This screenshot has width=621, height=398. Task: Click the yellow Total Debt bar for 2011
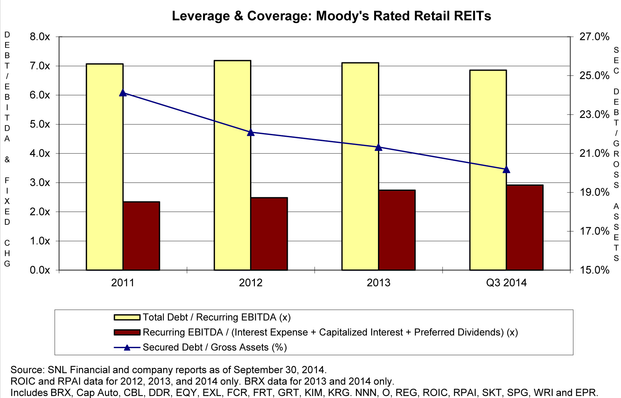tap(105, 167)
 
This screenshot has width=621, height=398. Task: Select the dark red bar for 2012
tap(269, 234)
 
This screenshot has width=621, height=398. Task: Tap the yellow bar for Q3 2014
tap(488, 170)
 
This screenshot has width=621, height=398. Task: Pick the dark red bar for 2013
tap(397, 230)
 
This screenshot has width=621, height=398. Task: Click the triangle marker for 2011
tap(123, 93)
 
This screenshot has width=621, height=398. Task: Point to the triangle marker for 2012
tap(251, 132)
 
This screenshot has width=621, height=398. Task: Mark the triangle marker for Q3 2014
tap(506, 170)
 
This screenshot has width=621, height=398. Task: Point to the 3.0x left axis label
tap(40, 183)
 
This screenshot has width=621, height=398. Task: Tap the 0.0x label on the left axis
tap(40, 270)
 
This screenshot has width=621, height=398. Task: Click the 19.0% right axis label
tap(594, 192)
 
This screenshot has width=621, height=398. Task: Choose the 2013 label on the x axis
tap(379, 283)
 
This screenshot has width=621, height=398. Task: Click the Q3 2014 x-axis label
tap(506, 283)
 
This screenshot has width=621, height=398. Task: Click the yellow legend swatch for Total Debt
tap(127, 317)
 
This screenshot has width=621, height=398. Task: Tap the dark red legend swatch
tap(127, 332)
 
